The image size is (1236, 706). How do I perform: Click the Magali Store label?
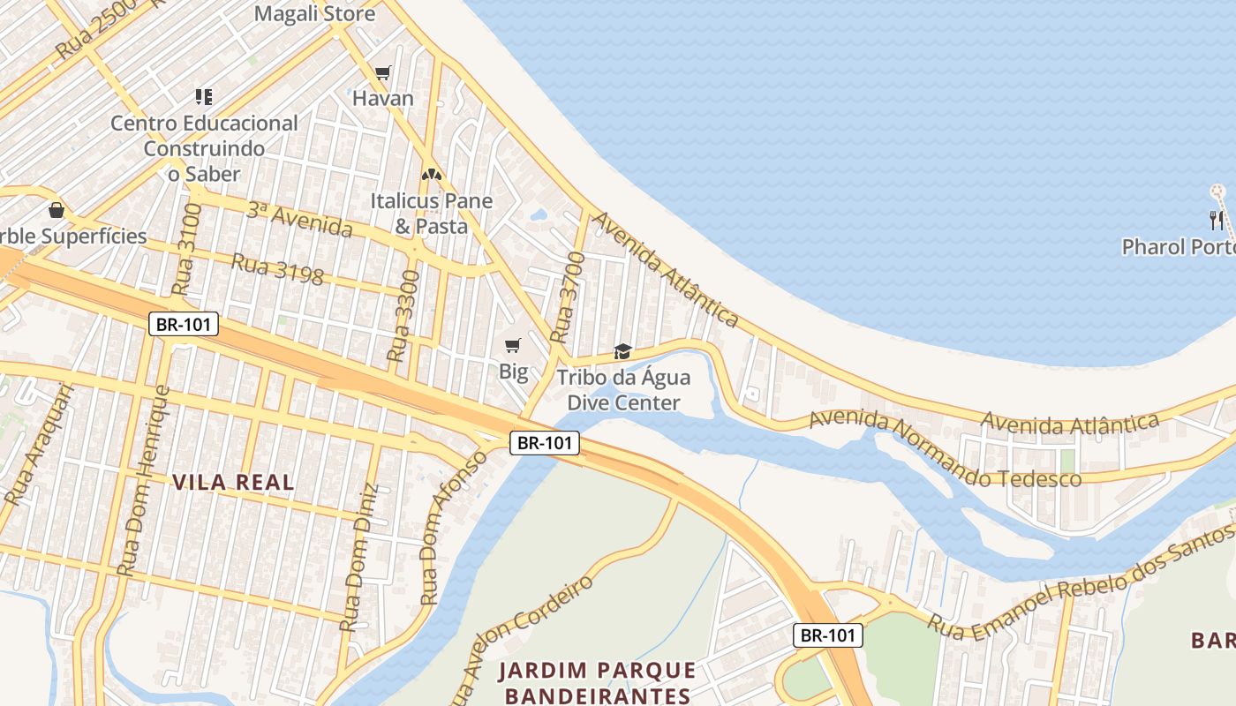[314, 14]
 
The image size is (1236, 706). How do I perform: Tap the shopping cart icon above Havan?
[382, 73]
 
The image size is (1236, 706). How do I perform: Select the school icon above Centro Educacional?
[204, 97]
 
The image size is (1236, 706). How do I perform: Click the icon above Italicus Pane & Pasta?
[431, 176]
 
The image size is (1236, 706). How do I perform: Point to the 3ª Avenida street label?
[299, 220]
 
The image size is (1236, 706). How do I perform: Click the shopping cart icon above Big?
[513, 345]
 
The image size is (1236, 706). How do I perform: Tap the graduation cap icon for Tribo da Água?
[622, 352]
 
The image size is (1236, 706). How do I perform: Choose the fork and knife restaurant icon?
[1217, 221]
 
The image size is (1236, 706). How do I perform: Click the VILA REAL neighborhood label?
[233, 482]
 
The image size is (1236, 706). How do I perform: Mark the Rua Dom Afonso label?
[452, 528]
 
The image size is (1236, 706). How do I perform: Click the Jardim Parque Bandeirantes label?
[597, 682]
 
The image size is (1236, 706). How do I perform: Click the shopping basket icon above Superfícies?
[57, 210]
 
